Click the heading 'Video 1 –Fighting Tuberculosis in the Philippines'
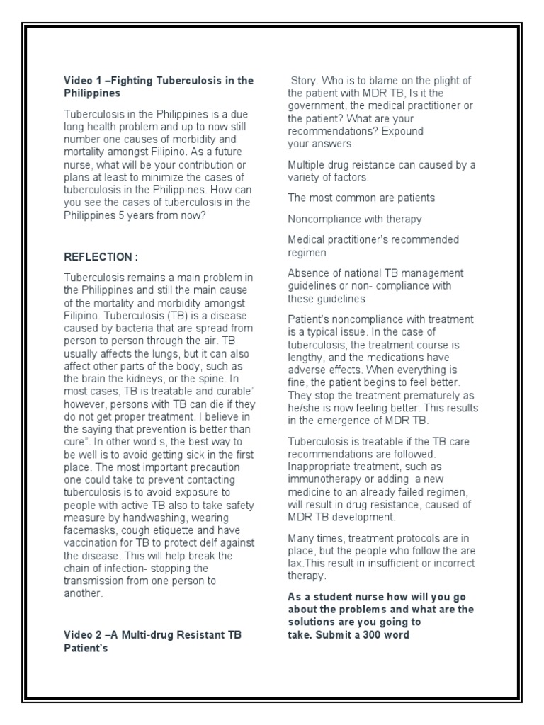(x=159, y=86)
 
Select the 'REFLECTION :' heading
(x=101, y=256)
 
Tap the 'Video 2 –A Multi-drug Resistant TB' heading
(x=153, y=635)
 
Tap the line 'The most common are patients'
(x=361, y=198)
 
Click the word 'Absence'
(x=307, y=273)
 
